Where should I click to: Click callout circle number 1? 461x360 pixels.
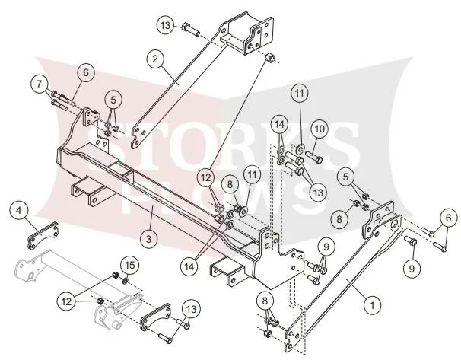click(372, 305)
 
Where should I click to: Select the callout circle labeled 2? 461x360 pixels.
click(155, 59)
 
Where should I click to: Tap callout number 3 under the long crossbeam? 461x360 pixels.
click(148, 239)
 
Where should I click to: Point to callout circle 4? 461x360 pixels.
click(19, 211)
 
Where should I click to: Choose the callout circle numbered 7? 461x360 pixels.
click(40, 84)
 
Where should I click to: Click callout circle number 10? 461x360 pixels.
click(320, 129)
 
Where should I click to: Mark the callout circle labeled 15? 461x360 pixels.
click(130, 266)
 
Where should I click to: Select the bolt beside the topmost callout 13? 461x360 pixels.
click(191, 30)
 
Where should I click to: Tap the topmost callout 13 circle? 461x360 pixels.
click(166, 25)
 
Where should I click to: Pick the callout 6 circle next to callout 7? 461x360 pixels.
click(85, 72)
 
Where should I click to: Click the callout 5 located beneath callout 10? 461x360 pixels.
click(345, 177)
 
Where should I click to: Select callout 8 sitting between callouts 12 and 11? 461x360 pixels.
click(230, 184)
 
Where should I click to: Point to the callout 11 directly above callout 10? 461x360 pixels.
click(299, 93)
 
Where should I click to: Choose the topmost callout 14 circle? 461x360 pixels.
click(280, 125)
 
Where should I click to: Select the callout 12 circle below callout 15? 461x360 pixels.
click(67, 301)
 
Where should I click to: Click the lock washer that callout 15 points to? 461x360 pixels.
click(126, 281)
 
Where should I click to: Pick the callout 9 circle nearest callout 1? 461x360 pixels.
click(412, 268)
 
